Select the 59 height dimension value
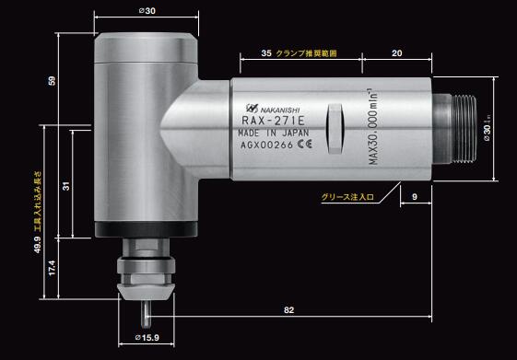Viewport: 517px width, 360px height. [50, 81]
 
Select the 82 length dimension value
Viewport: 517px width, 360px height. [288, 311]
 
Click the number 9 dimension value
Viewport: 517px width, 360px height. [415, 197]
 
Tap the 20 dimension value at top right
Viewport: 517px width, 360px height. [396, 54]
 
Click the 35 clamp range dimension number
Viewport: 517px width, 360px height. [266, 54]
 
